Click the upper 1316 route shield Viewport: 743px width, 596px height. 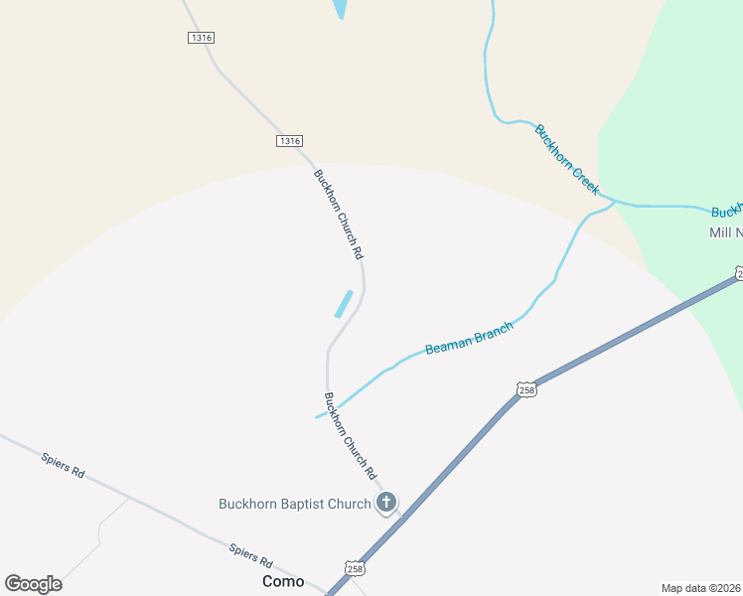click(201, 38)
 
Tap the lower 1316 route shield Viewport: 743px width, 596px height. click(289, 141)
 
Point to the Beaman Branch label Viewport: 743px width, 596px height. click(469, 338)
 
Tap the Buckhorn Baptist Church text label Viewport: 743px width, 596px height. click(294, 504)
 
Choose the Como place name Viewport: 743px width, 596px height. click(283, 581)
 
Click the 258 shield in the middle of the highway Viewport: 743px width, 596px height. click(526, 389)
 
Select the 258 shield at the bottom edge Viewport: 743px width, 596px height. click(356, 567)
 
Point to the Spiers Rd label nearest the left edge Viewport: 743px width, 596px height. click(63, 464)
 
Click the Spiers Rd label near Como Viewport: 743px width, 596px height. click(250, 554)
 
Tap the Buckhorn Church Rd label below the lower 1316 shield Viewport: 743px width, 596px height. click(339, 215)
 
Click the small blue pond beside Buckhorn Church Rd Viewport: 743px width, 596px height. click(344, 303)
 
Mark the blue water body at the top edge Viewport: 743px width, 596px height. click(341, 8)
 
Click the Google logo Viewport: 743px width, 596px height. click(33, 584)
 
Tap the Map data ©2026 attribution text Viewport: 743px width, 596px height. click(701, 588)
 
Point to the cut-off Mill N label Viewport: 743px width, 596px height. click(725, 232)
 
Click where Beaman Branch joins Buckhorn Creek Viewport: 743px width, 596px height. click(614, 202)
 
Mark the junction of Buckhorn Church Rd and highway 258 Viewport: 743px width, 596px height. click(402, 517)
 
